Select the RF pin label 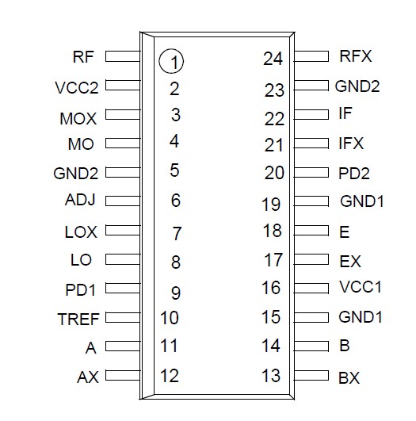coord(83,57)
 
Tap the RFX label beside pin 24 coord(355,56)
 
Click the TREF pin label coord(78,320)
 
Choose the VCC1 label coord(361,288)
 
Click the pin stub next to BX coord(315,375)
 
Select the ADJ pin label coord(80,200)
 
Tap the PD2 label coord(354,173)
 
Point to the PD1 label coord(81,290)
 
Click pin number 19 coord(271,205)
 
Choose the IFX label coord(350,144)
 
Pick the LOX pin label coord(80,232)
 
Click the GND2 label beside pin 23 coord(358,86)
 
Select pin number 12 coord(170,376)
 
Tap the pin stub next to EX coord(315,259)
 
